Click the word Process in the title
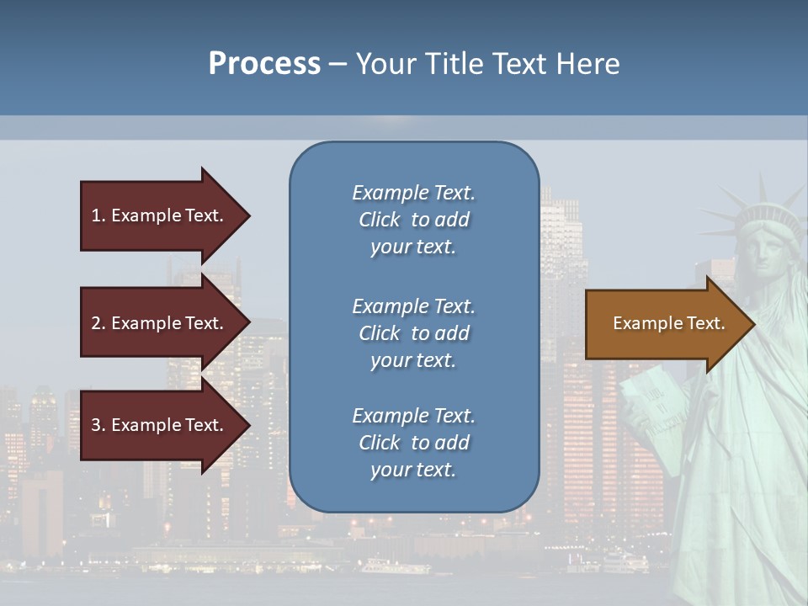(x=264, y=63)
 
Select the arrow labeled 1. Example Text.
(x=160, y=215)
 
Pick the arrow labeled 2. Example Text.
(x=160, y=323)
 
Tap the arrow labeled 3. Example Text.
(x=160, y=425)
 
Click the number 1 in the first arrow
(x=96, y=215)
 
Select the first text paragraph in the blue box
(x=413, y=220)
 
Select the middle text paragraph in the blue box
(x=413, y=333)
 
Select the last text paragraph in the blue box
(x=413, y=443)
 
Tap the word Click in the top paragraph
(x=380, y=220)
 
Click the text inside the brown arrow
(x=668, y=323)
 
